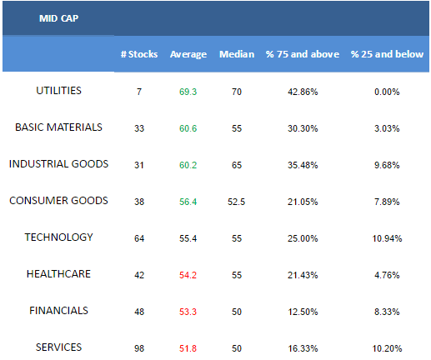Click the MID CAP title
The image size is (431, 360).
click(x=58, y=18)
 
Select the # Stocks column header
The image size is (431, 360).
click(x=139, y=54)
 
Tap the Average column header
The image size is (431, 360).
click(x=188, y=54)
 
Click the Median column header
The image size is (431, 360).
click(x=237, y=54)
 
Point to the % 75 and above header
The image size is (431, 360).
click(x=303, y=54)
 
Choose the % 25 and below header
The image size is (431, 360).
click(x=387, y=54)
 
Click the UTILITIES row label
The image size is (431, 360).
click(x=58, y=91)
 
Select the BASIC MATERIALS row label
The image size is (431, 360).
click(x=58, y=127)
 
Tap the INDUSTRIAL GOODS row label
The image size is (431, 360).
click(x=58, y=164)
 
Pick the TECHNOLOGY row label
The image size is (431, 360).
click(x=58, y=237)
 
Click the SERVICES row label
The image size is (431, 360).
click(x=58, y=347)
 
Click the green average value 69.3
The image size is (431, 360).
click(x=188, y=92)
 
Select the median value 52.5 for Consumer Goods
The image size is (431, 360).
click(x=237, y=202)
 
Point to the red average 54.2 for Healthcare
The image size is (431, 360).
click(x=188, y=275)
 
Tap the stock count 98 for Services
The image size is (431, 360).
click(x=139, y=348)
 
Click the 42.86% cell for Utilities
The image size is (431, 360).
click(x=303, y=92)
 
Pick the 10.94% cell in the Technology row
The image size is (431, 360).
click(x=387, y=238)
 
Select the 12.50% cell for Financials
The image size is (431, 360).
click(x=303, y=312)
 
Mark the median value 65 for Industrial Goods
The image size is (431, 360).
click(x=237, y=165)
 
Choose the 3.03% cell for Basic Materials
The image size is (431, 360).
click(x=387, y=128)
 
